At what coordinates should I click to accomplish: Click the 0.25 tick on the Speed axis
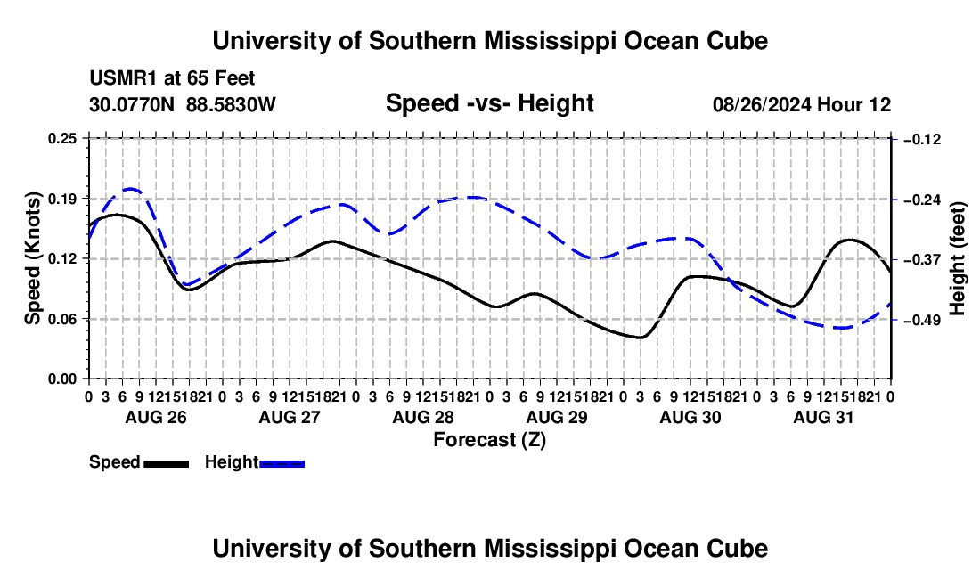click(62, 138)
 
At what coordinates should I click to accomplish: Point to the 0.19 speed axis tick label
click(62, 199)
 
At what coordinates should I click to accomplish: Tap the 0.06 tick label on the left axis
click(62, 319)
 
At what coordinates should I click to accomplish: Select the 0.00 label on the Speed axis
click(62, 379)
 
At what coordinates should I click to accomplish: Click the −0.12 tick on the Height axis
click(922, 139)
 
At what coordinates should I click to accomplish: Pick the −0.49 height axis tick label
click(922, 321)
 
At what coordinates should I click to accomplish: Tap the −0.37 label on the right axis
click(922, 260)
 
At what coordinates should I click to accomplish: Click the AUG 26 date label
click(156, 417)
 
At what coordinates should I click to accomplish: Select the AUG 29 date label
click(557, 417)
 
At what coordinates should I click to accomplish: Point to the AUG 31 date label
click(823, 417)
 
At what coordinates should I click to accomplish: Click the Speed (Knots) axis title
click(32, 258)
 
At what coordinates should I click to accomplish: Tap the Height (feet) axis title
click(957, 258)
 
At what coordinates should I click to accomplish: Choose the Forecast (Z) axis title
click(489, 440)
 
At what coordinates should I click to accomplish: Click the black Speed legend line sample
click(167, 464)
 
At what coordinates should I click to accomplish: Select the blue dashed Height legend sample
click(282, 464)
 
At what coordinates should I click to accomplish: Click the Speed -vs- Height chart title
click(489, 103)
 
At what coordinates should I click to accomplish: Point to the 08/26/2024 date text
click(761, 104)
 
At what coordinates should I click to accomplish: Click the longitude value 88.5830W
click(231, 104)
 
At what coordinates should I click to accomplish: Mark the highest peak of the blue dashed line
click(131, 188)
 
